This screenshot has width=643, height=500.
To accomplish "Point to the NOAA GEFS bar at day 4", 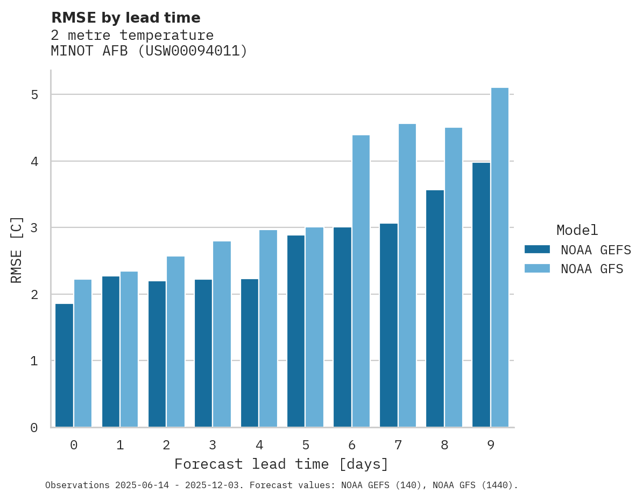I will pos(250,353).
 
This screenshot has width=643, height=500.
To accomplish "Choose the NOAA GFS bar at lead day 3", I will pos(222,334).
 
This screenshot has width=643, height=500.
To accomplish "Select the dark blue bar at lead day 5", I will pos(296,331).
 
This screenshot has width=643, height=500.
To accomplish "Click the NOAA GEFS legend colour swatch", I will pos(537,249).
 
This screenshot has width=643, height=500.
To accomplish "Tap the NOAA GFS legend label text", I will pos(592,269).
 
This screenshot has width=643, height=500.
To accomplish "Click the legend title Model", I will pos(577,231).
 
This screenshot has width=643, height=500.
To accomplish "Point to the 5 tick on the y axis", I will pos(34,95).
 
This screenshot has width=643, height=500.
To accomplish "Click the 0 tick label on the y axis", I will pos(34,428).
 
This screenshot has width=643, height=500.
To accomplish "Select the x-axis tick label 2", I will pos(166,445).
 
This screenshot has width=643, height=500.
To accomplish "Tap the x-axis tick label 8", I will pos(444,445).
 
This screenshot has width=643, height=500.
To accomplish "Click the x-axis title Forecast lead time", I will pos(281,464).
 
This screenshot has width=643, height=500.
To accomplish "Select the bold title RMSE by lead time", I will pos(125,18).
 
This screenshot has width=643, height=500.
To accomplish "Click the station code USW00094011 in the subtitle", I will pos(192,51).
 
